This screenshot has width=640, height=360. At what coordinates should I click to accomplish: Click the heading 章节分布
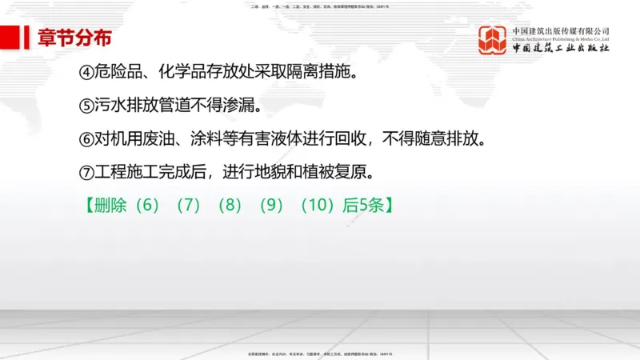(74, 38)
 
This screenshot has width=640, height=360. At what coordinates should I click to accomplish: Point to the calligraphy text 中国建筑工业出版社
(560, 49)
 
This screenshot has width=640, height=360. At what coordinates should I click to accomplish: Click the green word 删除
(111, 204)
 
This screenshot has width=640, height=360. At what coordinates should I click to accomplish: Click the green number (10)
(316, 204)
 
